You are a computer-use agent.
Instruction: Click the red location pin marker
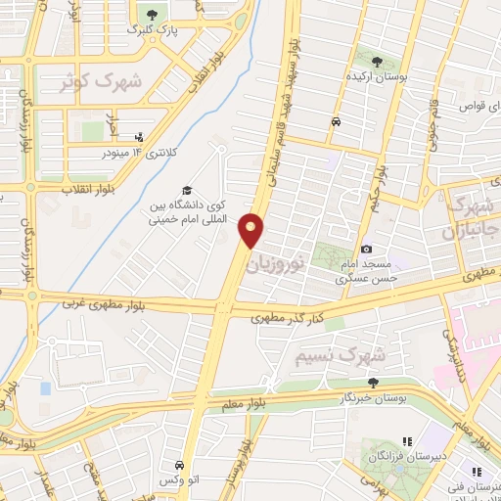253,231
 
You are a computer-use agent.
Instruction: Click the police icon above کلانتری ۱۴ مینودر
139,137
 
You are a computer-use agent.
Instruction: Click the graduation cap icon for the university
186,191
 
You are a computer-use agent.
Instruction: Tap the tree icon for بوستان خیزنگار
372,383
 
